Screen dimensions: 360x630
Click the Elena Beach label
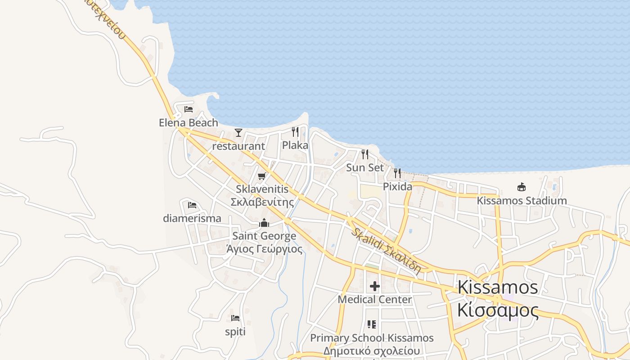[188, 122]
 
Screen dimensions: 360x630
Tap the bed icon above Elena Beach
[189, 109]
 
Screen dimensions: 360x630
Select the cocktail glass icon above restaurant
[238, 132]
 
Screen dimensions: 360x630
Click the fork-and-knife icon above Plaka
[295, 131]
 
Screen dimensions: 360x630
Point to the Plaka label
[295, 145]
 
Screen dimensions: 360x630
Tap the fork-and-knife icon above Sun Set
[365, 154]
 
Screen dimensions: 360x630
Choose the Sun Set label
[365, 167]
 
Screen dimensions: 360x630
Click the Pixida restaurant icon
[397, 173]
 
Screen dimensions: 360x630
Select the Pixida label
[397, 186]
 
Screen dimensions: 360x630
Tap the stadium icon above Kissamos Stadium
[522, 187]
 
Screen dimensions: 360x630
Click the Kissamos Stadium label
[522, 201]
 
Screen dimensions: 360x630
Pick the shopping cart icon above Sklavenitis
[262, 176]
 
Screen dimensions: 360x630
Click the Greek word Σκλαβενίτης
[262, 202]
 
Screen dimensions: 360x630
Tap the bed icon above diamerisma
[192, 205]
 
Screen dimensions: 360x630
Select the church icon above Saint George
[264, 223]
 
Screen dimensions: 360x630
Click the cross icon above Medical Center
[375, 286]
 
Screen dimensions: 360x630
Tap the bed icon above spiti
[235, 318]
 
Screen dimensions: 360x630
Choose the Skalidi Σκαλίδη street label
[386, 251]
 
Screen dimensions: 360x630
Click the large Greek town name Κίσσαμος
[498, 310]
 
